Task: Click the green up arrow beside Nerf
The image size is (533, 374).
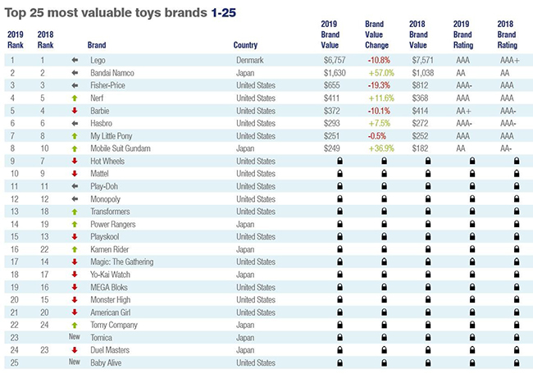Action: click(x=75, y=98)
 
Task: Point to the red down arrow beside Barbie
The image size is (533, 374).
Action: click(x=75, y=110)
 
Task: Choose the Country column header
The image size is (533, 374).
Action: click(x=246, y=45)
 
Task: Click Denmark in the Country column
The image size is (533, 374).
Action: click(x=249, y=60)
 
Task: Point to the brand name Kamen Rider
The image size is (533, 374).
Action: click(x=108, y=249)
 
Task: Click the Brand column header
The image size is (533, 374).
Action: click(x=97, y=45)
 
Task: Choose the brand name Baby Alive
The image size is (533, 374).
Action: click(x=104, y=362)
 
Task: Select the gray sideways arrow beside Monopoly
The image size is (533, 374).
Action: click(x=75, y=198)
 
